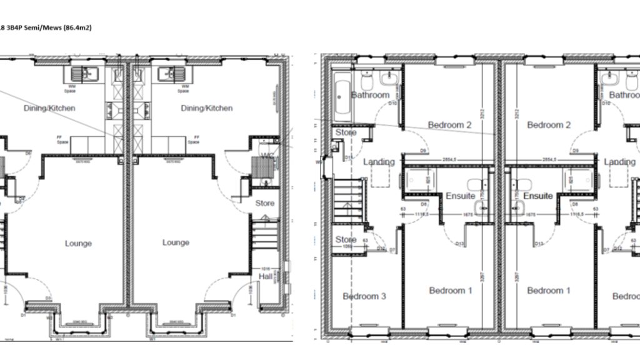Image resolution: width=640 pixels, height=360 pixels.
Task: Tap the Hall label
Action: coord(266,276)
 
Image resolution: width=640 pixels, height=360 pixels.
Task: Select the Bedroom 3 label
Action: coord(364,296)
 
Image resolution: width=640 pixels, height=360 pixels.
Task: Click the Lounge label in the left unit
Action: coord(78,243)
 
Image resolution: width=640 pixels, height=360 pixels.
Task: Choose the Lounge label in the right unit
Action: coord(176,242)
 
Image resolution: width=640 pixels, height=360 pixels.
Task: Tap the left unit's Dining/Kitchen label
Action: coord(49,108)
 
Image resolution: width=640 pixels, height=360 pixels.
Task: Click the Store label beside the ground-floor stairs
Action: coord(265,203)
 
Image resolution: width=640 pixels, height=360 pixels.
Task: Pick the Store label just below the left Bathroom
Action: coord(346,133)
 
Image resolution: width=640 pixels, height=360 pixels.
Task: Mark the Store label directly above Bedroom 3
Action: coord(346,239)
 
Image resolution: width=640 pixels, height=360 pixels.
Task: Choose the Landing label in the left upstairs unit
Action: coord(379,162)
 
